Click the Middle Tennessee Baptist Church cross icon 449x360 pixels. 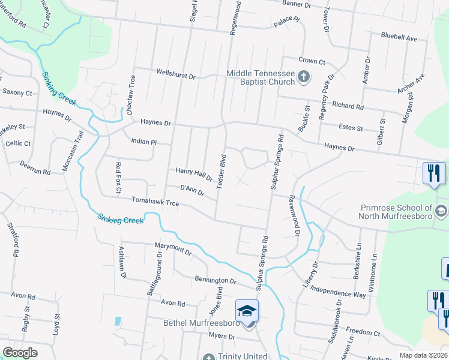(304, 76)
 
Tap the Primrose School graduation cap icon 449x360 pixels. (442, 211)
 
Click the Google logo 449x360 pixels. (20, 353)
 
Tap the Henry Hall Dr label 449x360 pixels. (194, 174)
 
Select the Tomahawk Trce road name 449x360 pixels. (156, 203)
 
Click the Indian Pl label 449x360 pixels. (143, 142)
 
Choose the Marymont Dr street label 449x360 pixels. (172, 249)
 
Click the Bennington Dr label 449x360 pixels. (215, 280)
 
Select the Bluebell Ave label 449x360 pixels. (399, 38)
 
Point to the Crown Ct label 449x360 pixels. (312, 61)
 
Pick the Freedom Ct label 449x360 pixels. (360, 331)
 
